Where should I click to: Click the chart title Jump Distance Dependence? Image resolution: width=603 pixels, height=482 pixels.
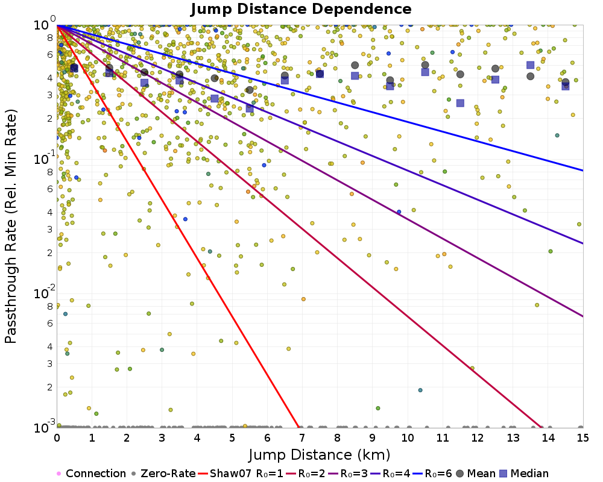coord(301,10)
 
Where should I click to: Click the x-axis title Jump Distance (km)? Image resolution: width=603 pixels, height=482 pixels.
coord(320,454)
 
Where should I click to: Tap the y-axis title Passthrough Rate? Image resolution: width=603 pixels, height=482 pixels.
coord(11,227)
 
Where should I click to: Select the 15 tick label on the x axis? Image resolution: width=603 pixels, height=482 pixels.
coord(582,439)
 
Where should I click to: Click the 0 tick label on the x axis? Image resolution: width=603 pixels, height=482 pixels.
coord(57,439)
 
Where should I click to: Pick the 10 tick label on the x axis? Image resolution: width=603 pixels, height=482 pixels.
coord(408,439)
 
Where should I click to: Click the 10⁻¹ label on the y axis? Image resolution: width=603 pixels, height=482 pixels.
coord(42,160)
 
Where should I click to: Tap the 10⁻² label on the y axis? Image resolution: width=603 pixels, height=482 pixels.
coord(42,294)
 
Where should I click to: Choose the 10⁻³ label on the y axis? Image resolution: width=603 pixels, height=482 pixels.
coord(42,428)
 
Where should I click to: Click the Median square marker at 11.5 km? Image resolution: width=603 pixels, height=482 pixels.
coord(460,103)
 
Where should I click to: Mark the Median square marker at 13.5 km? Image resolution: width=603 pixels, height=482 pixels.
coord(530,65)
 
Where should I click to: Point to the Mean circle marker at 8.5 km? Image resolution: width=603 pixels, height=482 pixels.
coord(355,65)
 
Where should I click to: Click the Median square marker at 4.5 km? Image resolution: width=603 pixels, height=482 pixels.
coord(215,99)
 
